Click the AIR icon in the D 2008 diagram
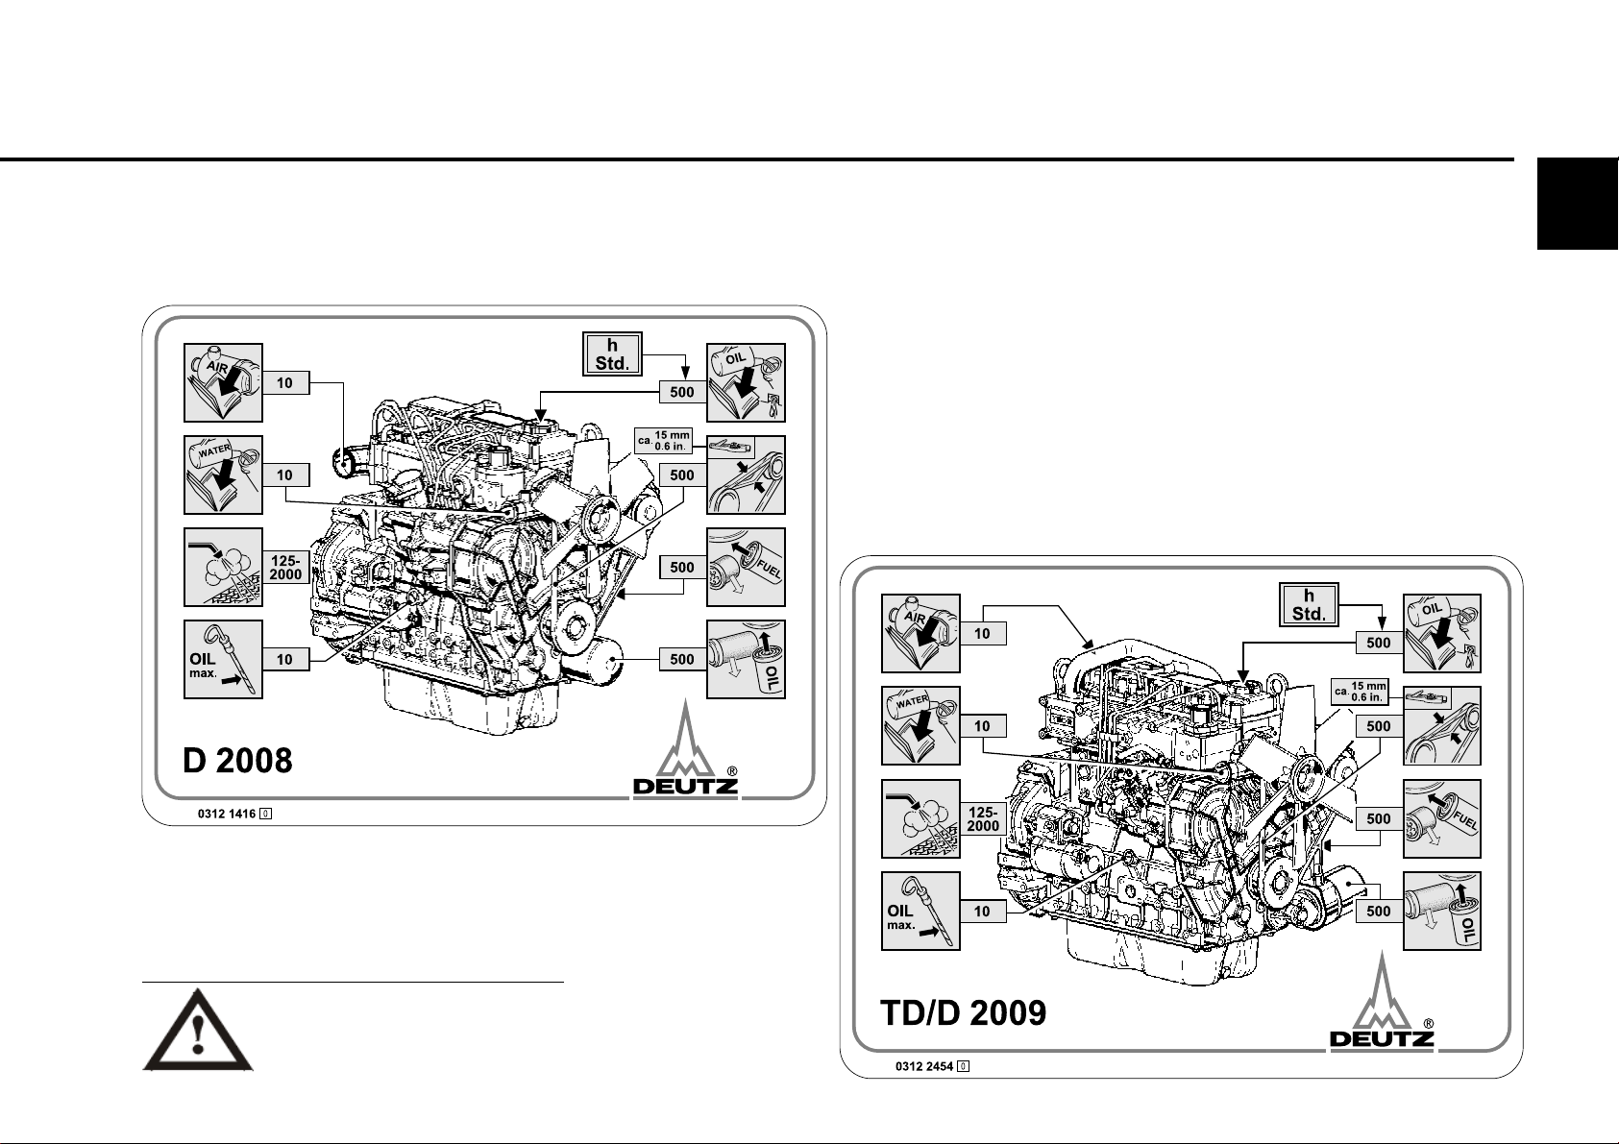[x=223, y=382]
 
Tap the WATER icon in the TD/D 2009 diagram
[x=920, y=725]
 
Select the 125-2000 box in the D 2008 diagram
[x=285, y=567]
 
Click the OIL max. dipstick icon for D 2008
[x=223, y=659]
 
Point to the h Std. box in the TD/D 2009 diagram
[x=1309, y=604]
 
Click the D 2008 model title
[x=237, y=760]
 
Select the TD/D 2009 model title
[x=964, y=1011]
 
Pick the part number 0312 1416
[x=227, y=814]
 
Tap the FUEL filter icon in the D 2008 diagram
[x=746, y=567]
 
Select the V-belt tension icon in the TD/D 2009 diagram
[x=1441, y=725]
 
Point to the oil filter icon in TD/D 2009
[x=1441, y=911]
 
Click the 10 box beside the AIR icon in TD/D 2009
[x=982, y=634]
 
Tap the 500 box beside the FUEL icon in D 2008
[x=682, y=568]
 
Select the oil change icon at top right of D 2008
[x=746, y=382]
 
